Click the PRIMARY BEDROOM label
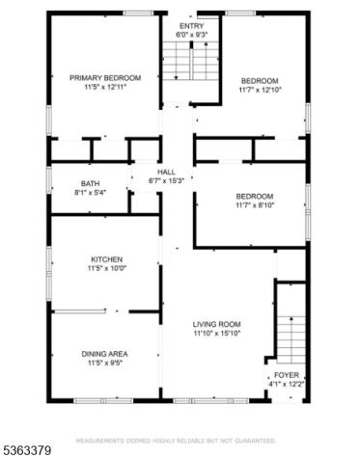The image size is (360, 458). pos(105,78)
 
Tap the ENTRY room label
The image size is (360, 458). pos(192,25)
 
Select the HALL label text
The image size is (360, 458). pos(166,172)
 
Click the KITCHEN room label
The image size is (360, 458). pos(104,259)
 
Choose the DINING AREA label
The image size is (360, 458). pos(104,353)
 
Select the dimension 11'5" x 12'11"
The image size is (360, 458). pos(105,88)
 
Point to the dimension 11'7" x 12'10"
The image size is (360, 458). pos(259,90)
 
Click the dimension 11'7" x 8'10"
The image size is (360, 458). pos(255,206)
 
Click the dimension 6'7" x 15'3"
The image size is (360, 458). pos(166,181)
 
